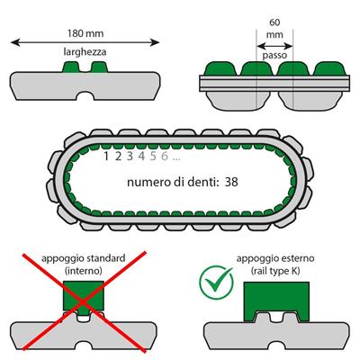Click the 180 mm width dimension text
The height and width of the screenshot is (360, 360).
[x=85, y=33]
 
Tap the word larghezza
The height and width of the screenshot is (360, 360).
[x=85, y=52]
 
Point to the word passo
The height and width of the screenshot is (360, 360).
[x=274, y=56]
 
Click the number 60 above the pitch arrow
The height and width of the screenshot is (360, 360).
[x=274, y=22]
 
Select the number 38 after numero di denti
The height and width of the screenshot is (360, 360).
[x=231, y=182]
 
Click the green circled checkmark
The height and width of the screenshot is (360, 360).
[x=216, y=283]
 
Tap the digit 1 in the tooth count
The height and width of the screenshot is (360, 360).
[x=106, y=157]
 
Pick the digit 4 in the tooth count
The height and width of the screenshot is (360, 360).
[x=142, y=157]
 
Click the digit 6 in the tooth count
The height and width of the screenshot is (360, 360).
[x=165, y=157]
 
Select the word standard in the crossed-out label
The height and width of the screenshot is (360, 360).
[x=105, y=258]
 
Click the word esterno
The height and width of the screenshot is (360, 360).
[x=298, y=258]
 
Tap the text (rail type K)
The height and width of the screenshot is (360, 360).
[x=275, y=271]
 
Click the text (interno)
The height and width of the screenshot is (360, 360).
[x=84, y=271]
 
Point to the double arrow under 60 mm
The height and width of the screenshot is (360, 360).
[x=274, y=46]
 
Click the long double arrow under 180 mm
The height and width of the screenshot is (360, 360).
[x=85, y=42]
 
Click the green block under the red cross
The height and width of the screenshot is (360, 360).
[x=84, y=295]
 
